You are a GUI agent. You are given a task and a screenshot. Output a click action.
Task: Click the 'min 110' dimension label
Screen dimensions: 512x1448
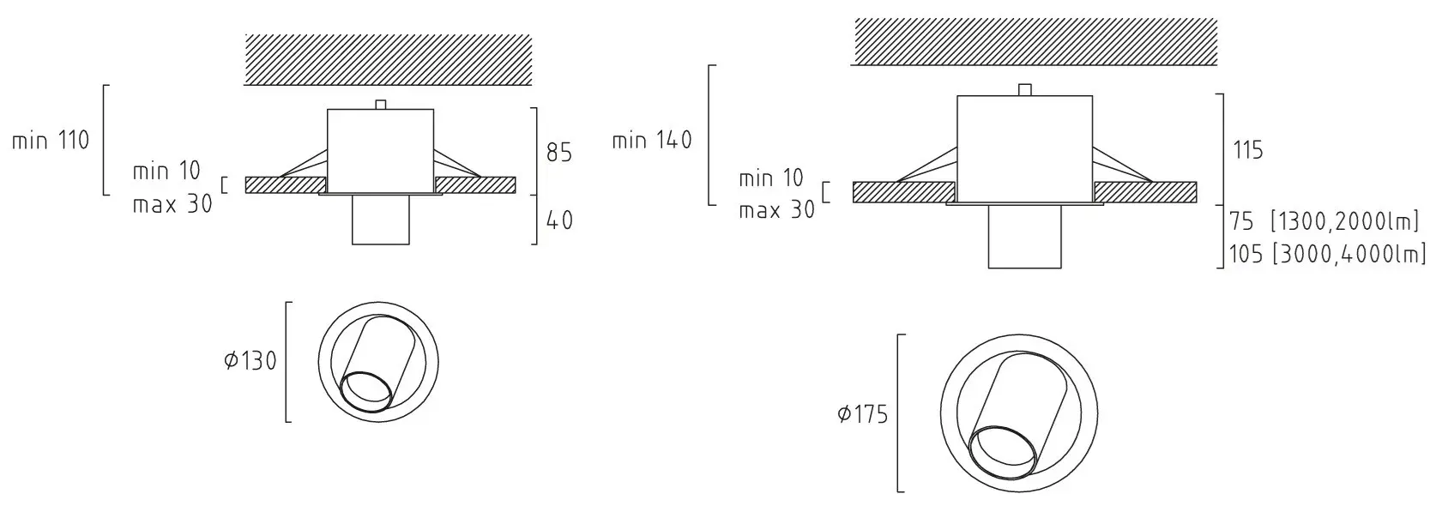click(51, 141)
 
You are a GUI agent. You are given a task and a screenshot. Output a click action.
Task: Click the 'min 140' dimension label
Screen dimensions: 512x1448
click(652, 140)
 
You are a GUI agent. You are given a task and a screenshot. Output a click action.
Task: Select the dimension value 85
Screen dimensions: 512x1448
click(559, 153)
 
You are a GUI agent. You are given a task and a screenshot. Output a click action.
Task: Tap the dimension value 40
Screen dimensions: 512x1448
click(559, 220)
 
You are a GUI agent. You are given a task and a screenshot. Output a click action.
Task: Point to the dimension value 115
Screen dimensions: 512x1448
click(1247, 151)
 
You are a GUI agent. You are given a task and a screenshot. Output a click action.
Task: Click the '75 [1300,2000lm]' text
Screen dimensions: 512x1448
click(1324, 222)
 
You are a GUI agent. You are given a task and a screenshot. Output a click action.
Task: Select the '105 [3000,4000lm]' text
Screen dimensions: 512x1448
click(1327, 255)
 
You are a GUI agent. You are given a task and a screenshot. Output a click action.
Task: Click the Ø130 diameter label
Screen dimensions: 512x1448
click(250, 361)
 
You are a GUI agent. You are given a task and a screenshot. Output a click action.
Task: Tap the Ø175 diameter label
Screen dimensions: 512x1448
click(862, 415)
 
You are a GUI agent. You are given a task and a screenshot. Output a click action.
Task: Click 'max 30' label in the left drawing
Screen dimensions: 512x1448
click(172, 206)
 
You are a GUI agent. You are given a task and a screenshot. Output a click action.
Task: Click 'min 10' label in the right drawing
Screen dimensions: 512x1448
click(770, 178)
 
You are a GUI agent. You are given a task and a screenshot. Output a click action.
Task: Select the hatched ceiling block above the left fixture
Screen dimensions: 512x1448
click(388, 59)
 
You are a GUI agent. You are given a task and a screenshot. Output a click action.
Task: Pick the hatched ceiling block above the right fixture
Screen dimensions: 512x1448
click(1035, 41)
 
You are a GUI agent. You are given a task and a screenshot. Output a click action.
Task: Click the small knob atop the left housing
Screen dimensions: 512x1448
click(382, 105)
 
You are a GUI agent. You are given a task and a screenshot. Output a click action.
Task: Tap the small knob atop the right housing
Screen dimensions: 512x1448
click(1023, 90)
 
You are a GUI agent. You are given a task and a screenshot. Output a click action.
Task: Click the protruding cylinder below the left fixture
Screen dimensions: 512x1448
click(381, 221)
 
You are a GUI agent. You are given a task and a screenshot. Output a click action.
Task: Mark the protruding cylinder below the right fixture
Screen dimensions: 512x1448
click(1024, 238)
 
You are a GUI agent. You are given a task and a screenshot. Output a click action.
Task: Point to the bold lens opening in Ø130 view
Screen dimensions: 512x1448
click(367, 393)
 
